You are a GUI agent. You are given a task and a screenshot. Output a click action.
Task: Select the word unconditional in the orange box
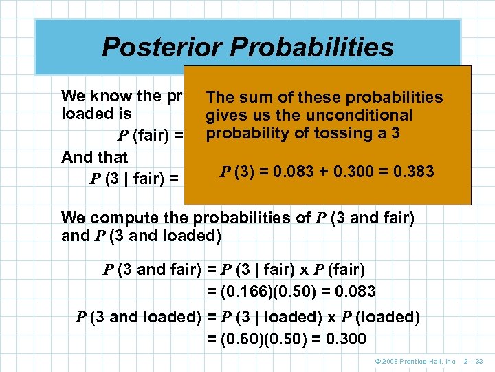pyautogui.click(x=361, y=115)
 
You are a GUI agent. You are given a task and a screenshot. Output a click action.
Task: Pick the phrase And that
pyautogui.click(x=94, y=157)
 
